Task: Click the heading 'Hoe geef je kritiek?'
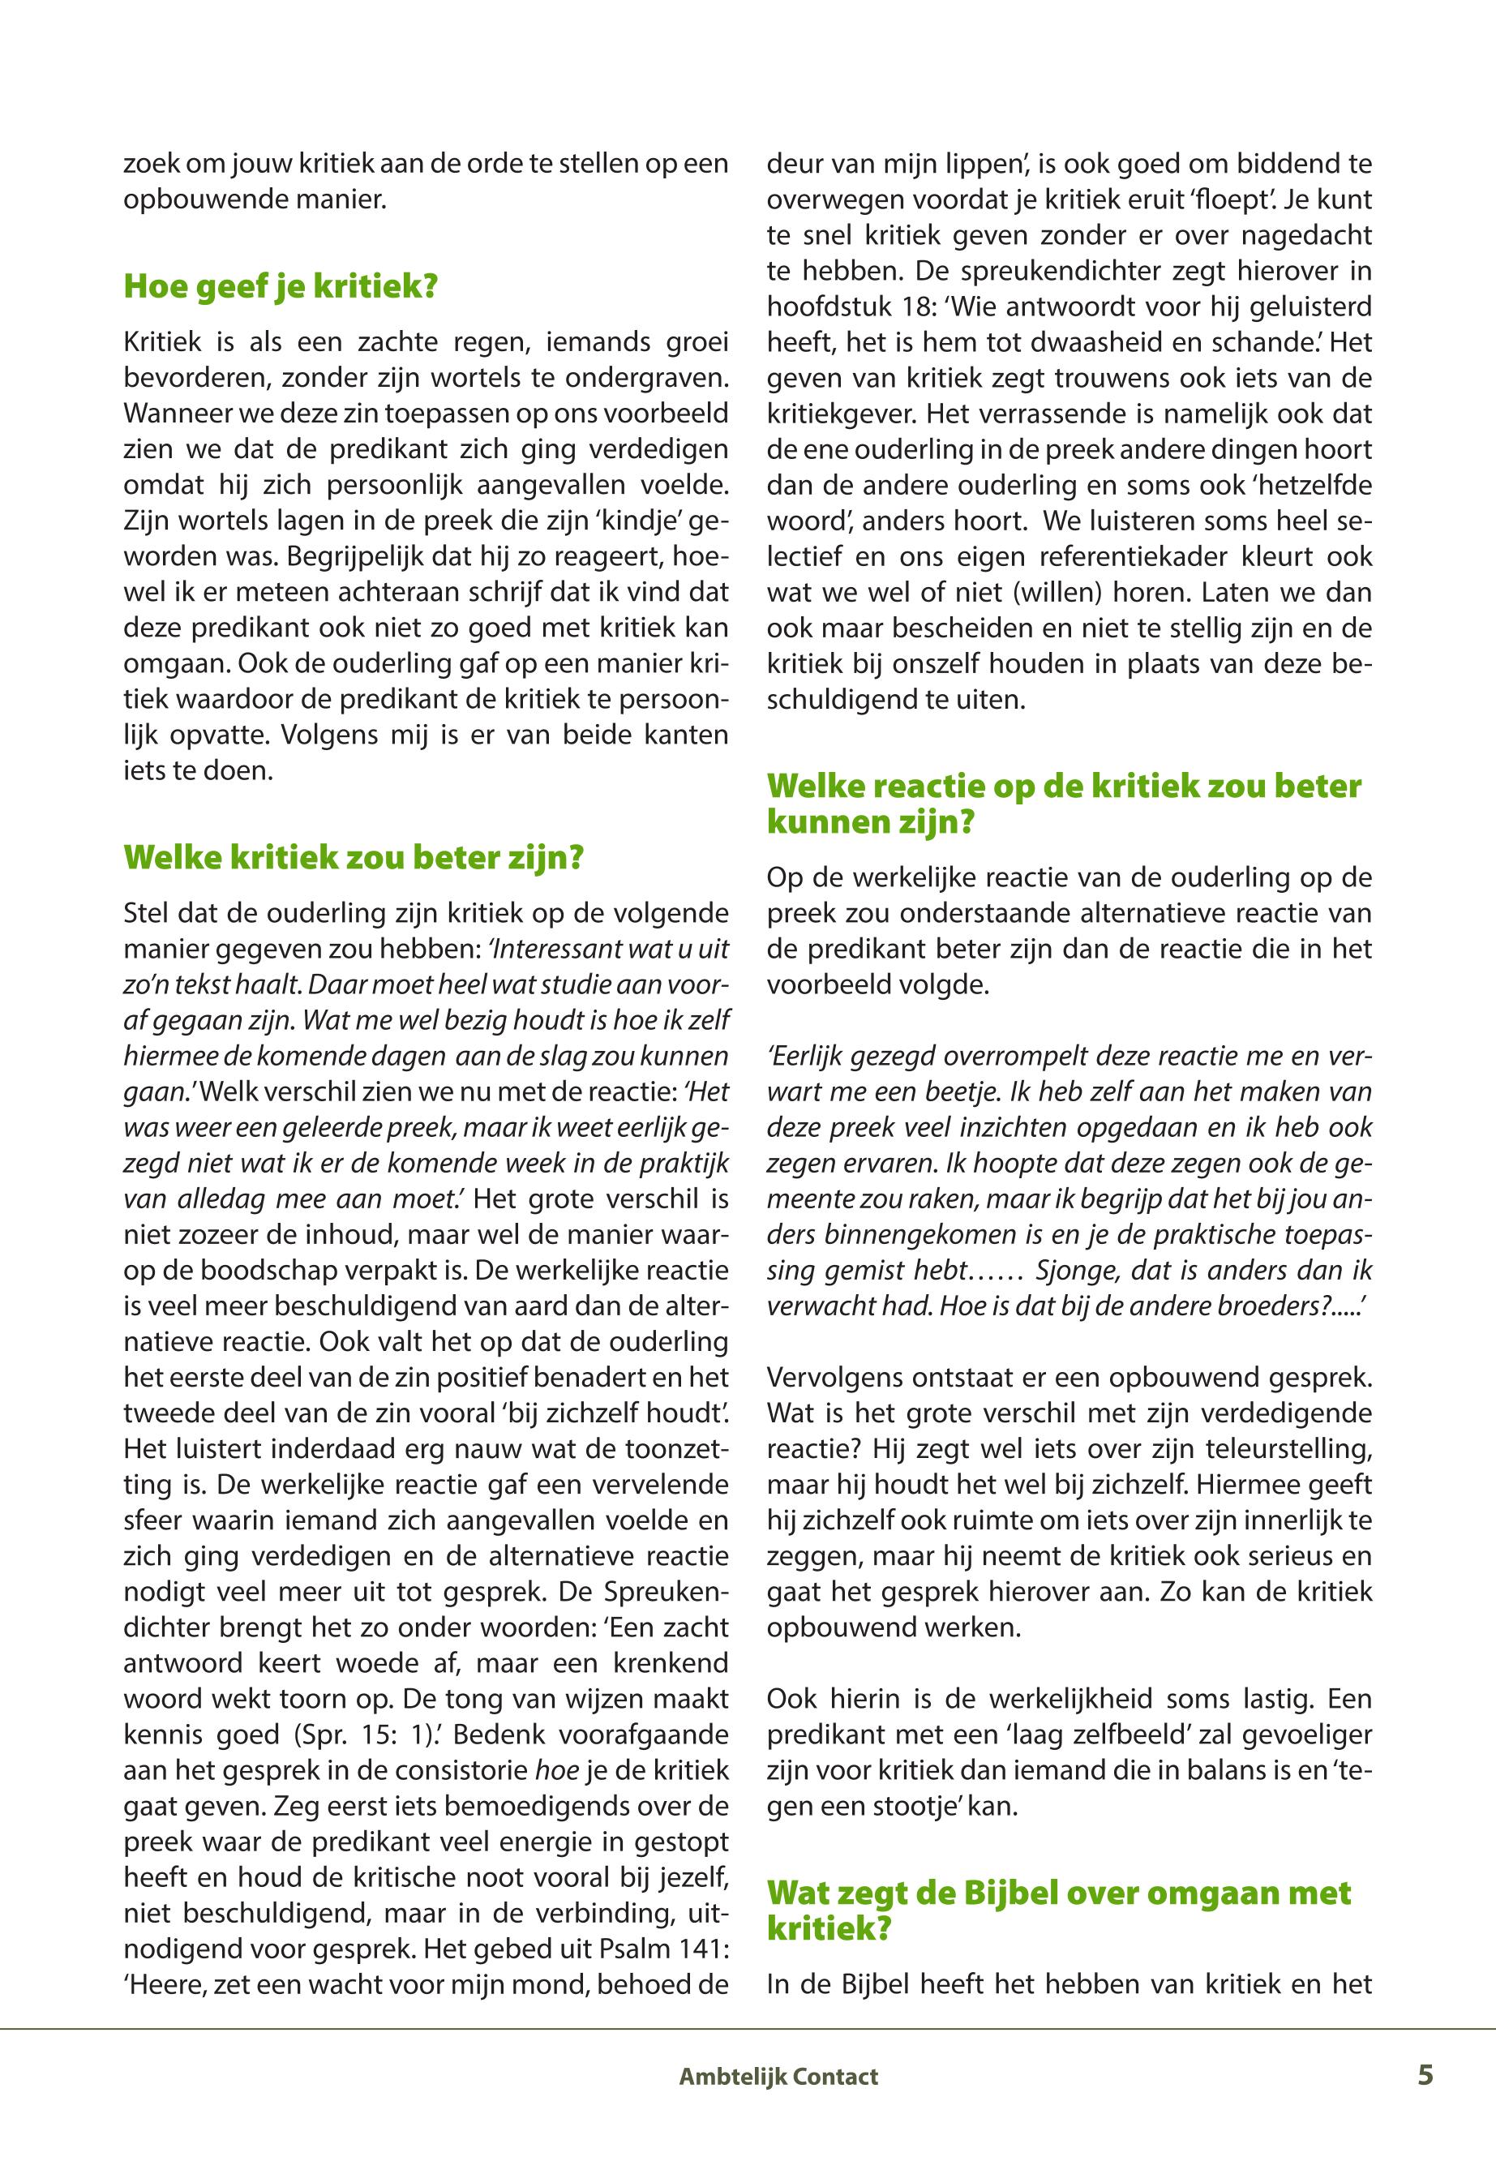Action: point(281,286)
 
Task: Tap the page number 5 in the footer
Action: point(1425,2074)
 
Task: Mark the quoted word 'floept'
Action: point(1220,199)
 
